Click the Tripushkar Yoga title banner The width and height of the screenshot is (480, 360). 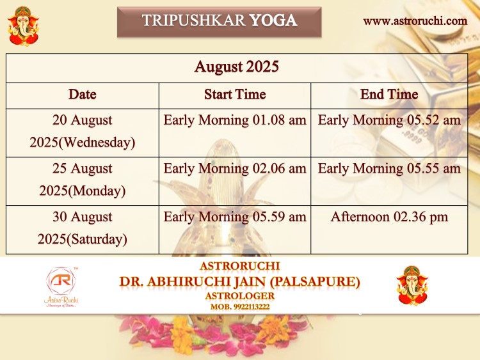219,22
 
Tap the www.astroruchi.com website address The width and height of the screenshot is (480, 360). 415,21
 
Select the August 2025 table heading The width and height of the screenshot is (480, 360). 237,67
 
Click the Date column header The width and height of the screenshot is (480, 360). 83,94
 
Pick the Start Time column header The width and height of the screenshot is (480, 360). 235,94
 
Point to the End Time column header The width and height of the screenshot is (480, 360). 389,94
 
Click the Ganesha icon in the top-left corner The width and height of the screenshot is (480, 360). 23,26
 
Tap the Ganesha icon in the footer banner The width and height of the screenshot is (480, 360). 412,286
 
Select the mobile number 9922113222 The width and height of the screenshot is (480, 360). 252,307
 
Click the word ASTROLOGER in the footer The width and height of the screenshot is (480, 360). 240,296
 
